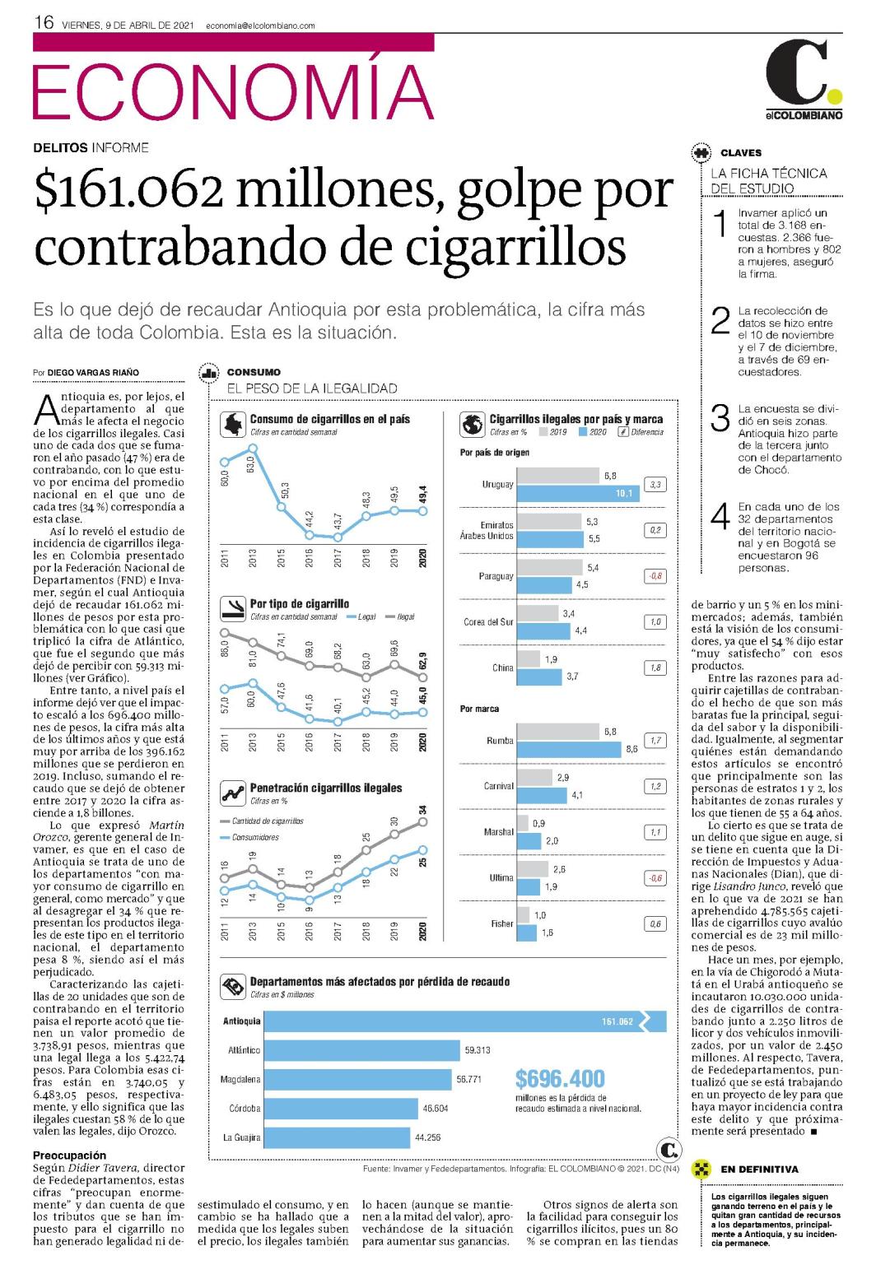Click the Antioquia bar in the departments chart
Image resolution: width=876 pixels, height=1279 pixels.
465,1021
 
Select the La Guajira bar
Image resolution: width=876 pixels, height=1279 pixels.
337,1137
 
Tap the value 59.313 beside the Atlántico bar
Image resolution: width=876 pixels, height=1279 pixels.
478,1050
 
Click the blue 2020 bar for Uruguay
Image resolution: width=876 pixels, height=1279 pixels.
578,493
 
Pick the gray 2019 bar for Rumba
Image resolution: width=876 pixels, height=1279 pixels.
557,732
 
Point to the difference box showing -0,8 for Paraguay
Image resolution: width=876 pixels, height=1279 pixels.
655,576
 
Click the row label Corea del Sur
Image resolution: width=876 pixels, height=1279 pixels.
488,621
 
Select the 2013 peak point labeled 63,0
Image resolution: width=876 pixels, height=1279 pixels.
253,449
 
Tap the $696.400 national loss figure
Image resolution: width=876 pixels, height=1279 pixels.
560,1079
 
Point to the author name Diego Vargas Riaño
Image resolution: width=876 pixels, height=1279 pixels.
93,372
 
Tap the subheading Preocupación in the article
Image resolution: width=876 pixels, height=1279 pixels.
70,1155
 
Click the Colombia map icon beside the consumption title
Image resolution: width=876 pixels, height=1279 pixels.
233,425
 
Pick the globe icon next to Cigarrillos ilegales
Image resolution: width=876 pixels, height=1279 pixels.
473,425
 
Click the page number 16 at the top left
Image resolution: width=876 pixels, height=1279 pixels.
44,22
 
